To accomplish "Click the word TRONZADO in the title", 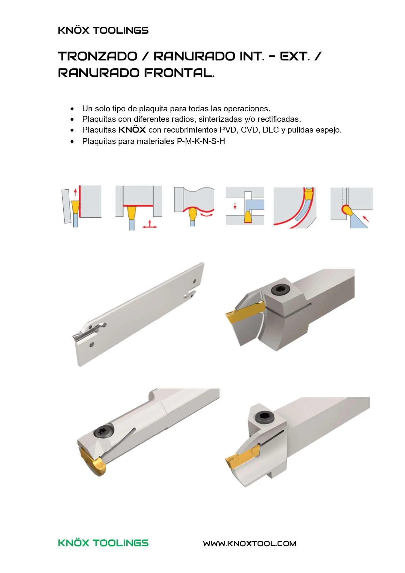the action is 98,56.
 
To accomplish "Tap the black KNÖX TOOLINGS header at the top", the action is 103,30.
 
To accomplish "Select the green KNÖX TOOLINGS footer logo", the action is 103,543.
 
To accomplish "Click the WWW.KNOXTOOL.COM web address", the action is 250,544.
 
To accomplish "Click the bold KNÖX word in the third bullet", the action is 132,130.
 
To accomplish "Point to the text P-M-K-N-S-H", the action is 201,141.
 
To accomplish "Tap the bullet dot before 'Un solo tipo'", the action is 72,109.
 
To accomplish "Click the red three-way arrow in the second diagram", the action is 149,224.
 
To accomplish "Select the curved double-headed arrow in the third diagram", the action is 207,214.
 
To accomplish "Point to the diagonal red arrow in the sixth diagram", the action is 366,218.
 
